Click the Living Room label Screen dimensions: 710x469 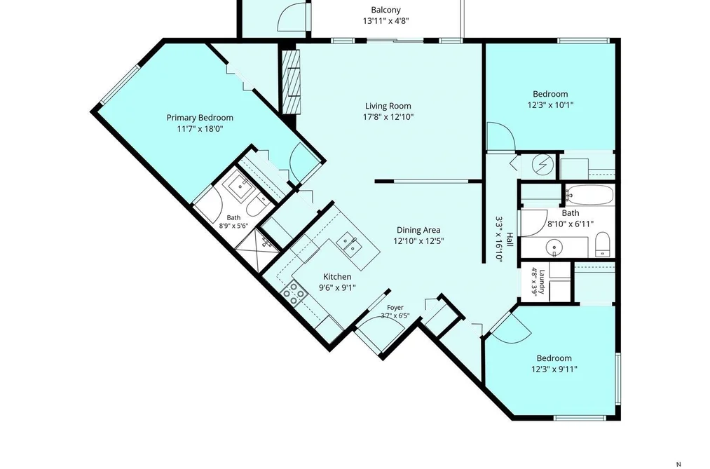pos(388,106)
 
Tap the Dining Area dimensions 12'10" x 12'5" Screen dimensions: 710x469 pos(418,241)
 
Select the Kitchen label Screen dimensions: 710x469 pos(337,277)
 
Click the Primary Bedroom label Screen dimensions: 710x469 pos(200,118)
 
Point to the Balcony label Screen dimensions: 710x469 pos(385,10)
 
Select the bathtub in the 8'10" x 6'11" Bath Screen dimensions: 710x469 pos(589,196)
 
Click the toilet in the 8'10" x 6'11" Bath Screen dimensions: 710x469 pos(602,245)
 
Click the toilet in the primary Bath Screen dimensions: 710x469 pos(257,206)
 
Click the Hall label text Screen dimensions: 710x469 pos(510,240)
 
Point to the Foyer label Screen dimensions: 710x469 pos(395,307)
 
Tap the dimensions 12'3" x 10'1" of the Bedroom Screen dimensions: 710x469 pos(551,105)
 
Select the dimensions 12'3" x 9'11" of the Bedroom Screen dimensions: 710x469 pos(554,369)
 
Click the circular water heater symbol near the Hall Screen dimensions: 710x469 pos(542,163)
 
